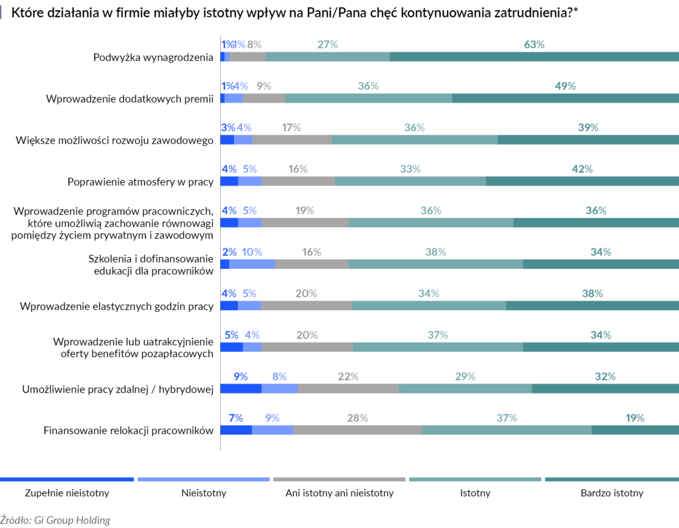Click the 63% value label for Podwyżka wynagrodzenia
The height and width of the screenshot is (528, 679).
(x=534, y=44)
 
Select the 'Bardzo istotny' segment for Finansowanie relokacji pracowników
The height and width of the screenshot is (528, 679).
(x=635, y=430)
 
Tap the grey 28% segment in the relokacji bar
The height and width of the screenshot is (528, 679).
(x=357, y=430)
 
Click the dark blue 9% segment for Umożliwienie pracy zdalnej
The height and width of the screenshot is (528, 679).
(x=241, y=388)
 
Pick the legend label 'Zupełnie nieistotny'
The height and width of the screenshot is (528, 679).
(x=67, y=493)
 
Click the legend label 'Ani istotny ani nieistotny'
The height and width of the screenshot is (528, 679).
(x=339, y=493)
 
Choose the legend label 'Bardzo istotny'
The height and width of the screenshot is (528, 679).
(x=611, y=493)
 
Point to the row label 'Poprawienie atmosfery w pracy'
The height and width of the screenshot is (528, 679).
(x=140, y=182)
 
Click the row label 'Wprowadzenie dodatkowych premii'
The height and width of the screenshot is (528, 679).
(x=129, y=99)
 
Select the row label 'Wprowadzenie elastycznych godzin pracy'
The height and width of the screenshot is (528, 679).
(x=117, y=306)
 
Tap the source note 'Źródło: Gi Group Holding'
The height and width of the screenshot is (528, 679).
(x=55, y=520)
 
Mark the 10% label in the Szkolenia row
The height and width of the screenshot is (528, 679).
(x=252, y=252)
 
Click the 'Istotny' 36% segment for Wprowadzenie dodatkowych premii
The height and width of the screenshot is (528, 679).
(x=368, y=98)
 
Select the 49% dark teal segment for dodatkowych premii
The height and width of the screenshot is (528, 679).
(x=565, y=98)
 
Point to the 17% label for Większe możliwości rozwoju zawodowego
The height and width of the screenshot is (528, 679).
(x=291, y=127)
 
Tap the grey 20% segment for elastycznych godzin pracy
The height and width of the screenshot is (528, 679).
(x=306, y=305)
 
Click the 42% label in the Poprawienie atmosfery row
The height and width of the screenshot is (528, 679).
(x=582, y=169)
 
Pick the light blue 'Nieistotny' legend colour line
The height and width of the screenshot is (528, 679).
(x=204, y=479)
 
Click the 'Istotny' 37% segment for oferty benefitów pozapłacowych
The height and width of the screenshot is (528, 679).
(x=438, y=347)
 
